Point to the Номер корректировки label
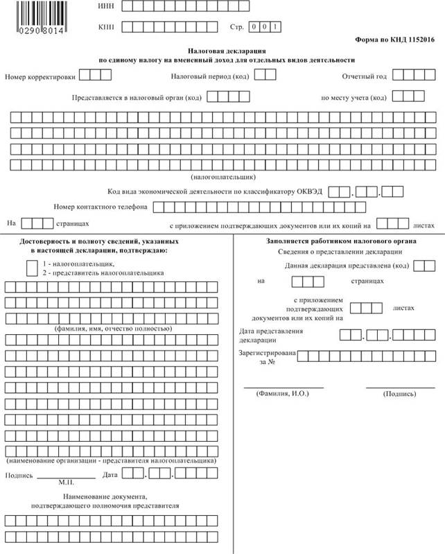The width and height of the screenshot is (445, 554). [40, 76]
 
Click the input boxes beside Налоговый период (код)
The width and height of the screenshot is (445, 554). [265, 75]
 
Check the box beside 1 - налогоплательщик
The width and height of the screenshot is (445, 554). [32, 267]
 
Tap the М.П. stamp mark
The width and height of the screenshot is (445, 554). [67, 481]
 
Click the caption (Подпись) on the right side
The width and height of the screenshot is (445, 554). [400, 394]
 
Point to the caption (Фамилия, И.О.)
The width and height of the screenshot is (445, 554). [283, 393]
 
